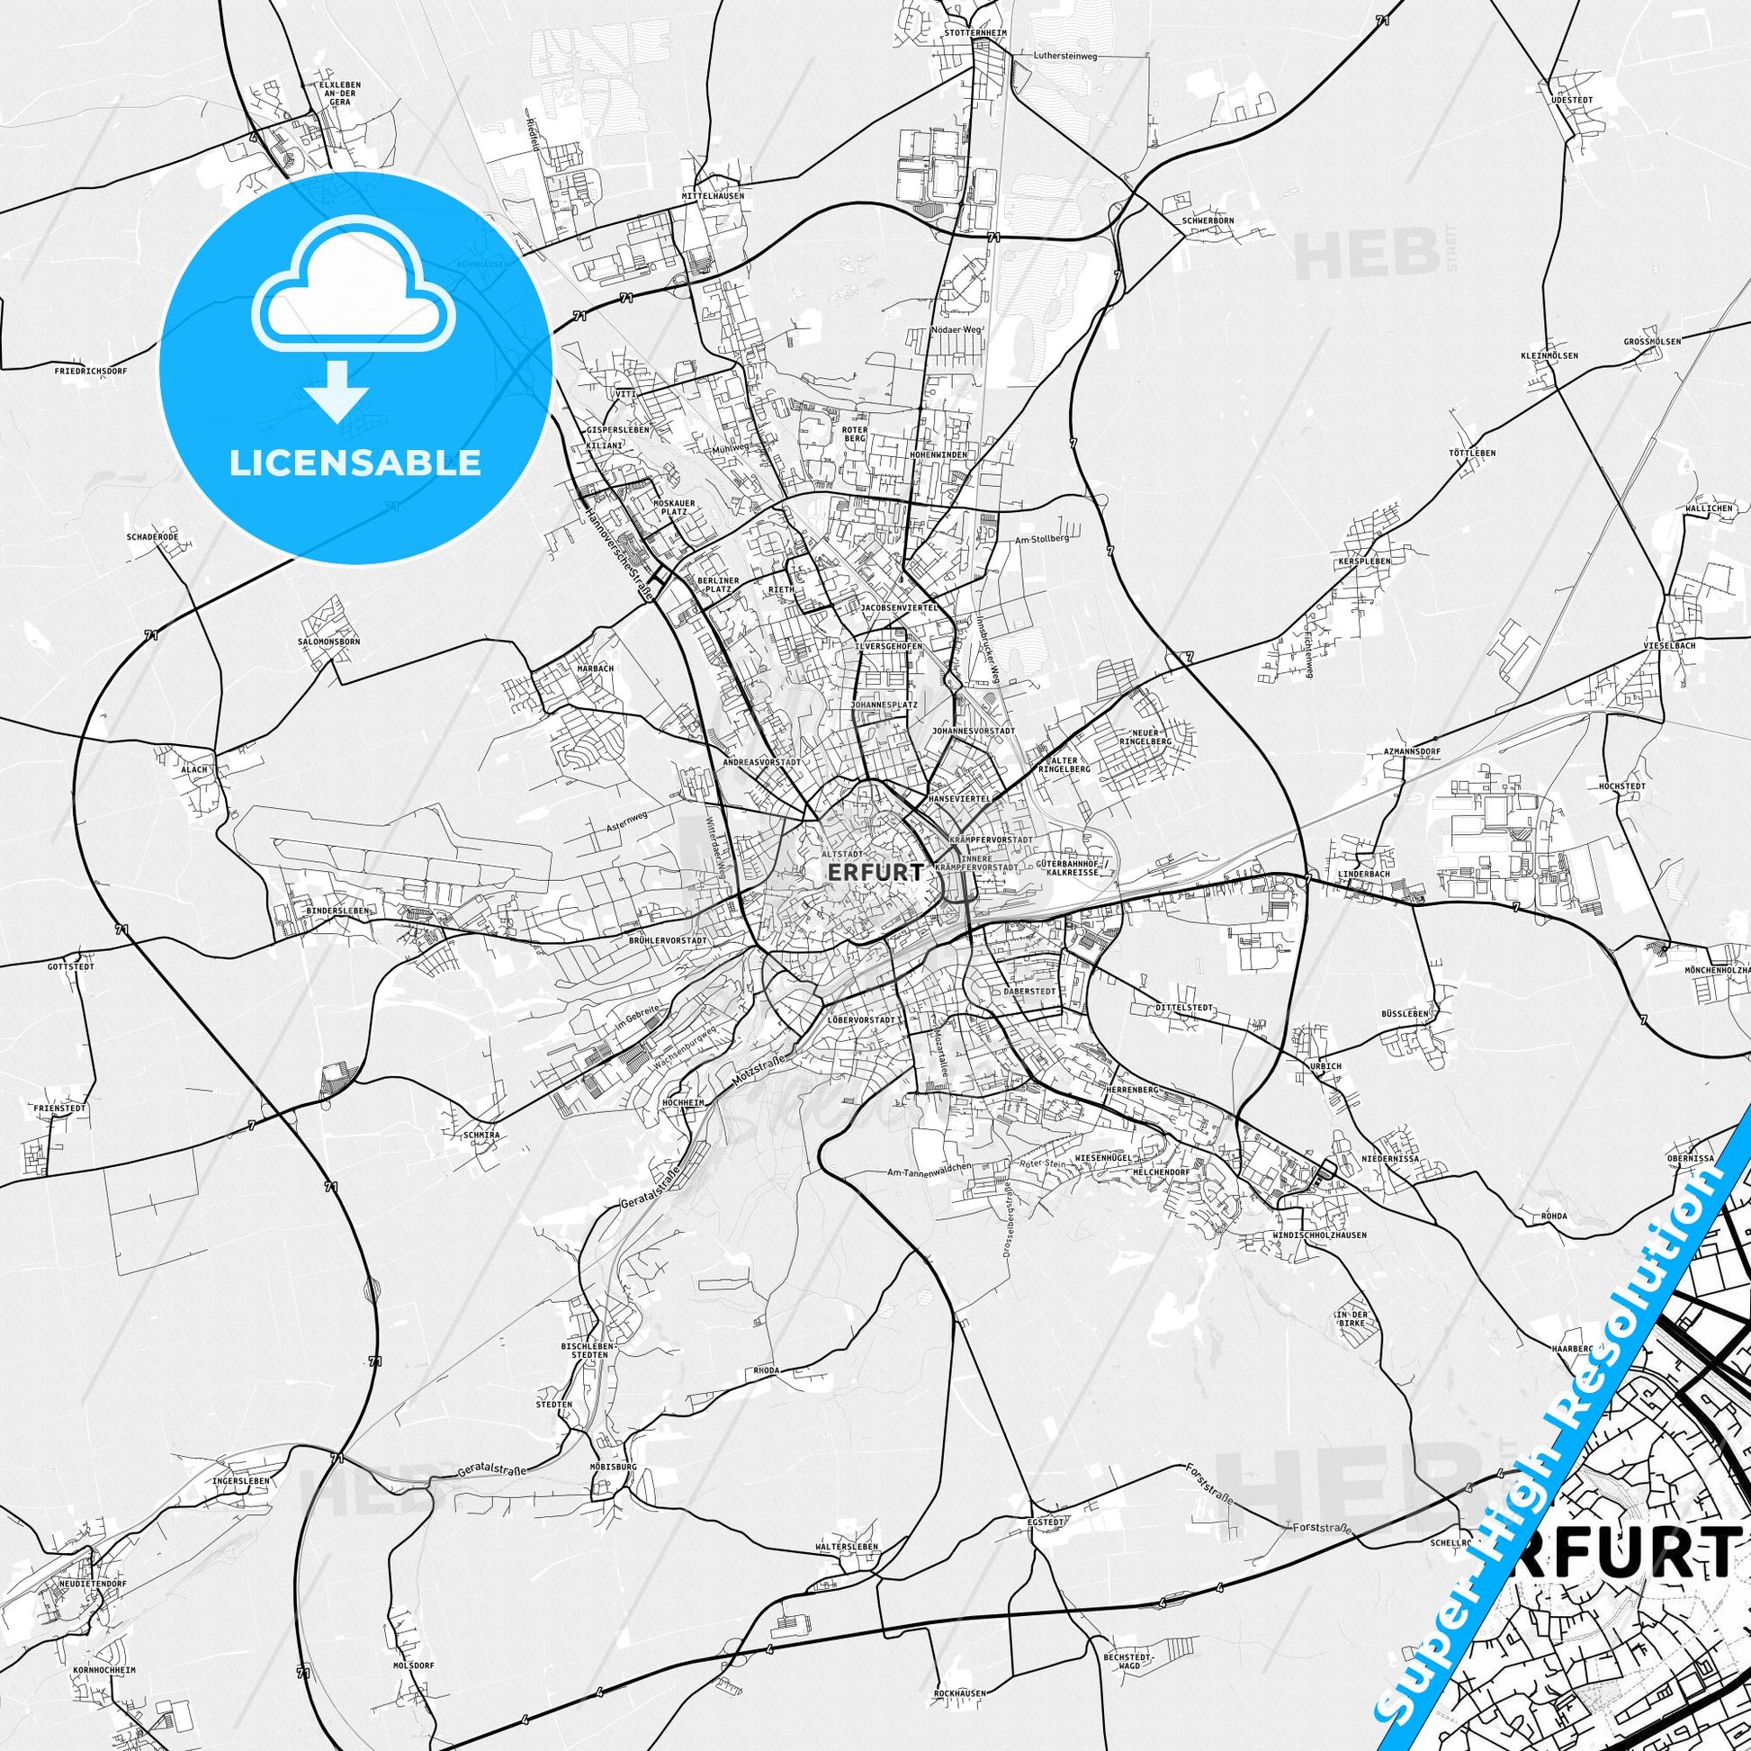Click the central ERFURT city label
[875, 872]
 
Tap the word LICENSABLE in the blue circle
[355, 463]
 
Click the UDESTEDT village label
[1571, 100]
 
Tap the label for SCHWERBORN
[1208, 220]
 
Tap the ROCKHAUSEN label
[958, 1693]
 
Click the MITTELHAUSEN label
[714, 196]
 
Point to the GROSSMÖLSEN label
[1651, 342]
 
